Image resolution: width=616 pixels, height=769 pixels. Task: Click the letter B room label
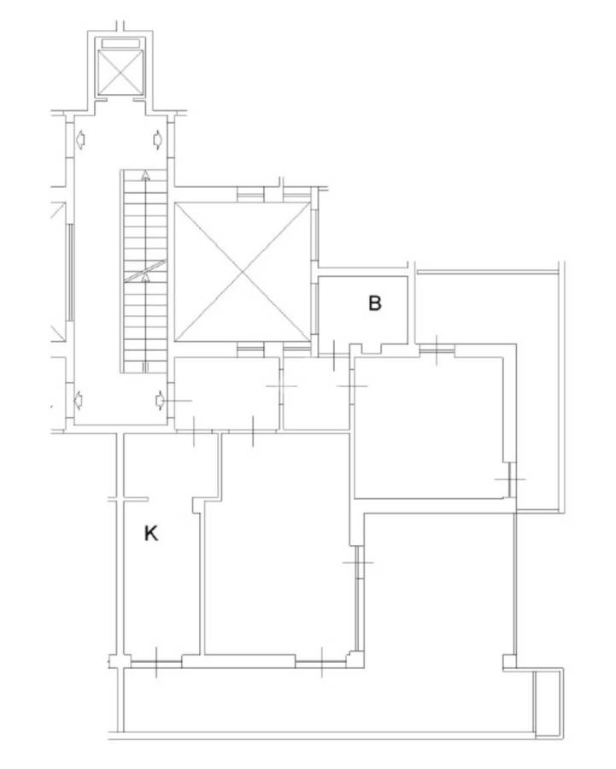[374, 303]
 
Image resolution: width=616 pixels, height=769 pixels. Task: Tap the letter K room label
[151, 533]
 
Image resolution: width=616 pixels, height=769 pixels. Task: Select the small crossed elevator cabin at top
[120, 72]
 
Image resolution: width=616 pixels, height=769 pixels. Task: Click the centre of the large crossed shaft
[243, 273]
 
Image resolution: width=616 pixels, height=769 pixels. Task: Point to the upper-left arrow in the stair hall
[80, 140]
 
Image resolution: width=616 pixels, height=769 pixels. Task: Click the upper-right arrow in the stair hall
[158, 140]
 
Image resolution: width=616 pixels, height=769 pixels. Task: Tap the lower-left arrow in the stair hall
[79, 401]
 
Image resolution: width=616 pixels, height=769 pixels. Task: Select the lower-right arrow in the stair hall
[161, 401]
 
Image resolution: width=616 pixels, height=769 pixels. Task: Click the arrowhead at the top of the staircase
[145, 175]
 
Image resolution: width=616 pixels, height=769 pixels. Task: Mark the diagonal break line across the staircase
[145, 271]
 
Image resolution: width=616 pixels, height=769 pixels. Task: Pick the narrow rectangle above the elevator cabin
[120, 44]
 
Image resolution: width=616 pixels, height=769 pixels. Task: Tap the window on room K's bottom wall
[156, 662]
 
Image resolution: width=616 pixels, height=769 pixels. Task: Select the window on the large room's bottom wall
[322, 662]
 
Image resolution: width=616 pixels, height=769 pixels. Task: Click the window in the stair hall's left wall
[71, 273]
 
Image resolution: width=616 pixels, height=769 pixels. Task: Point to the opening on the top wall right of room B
[437, 350]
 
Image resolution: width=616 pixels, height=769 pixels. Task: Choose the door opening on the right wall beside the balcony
[511, 479]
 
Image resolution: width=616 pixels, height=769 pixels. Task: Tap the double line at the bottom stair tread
[145, 367]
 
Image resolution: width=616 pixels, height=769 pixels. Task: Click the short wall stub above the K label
[128, 500]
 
